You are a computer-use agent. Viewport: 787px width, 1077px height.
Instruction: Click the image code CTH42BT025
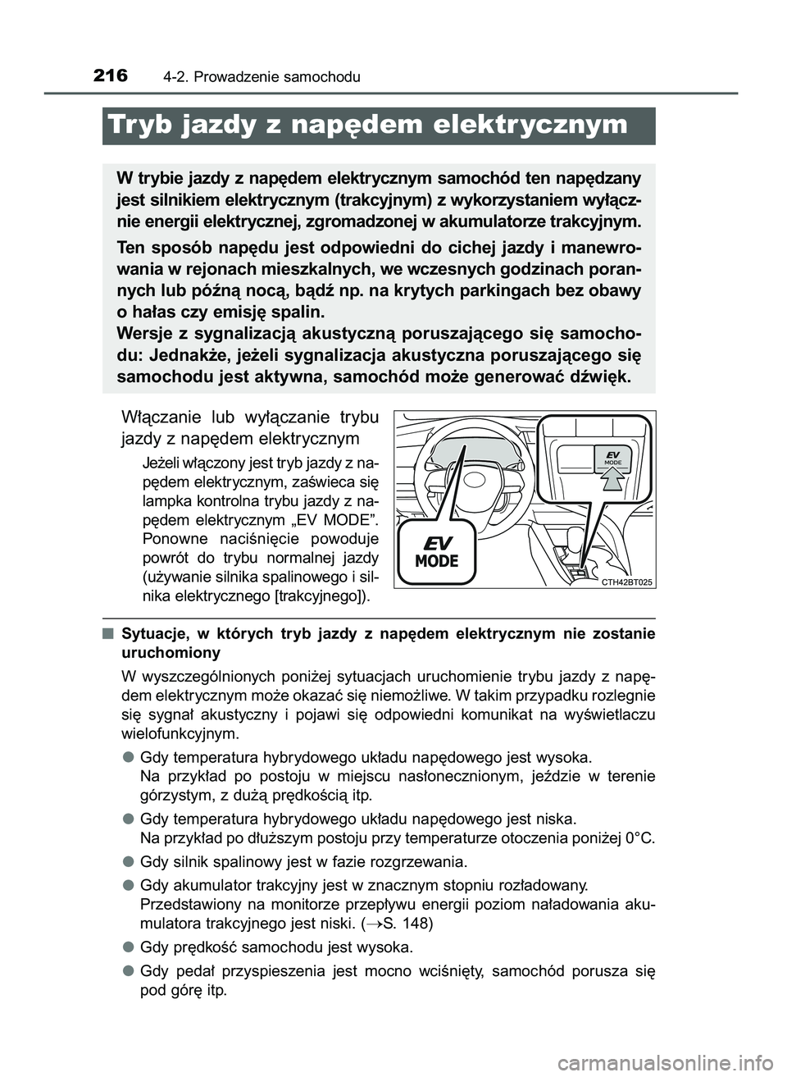tap(626, 582)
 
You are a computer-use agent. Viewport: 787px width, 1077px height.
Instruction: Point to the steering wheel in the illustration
tap(492, 484)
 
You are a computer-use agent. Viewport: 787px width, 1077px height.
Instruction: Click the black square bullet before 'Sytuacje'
tap(107, 633)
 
